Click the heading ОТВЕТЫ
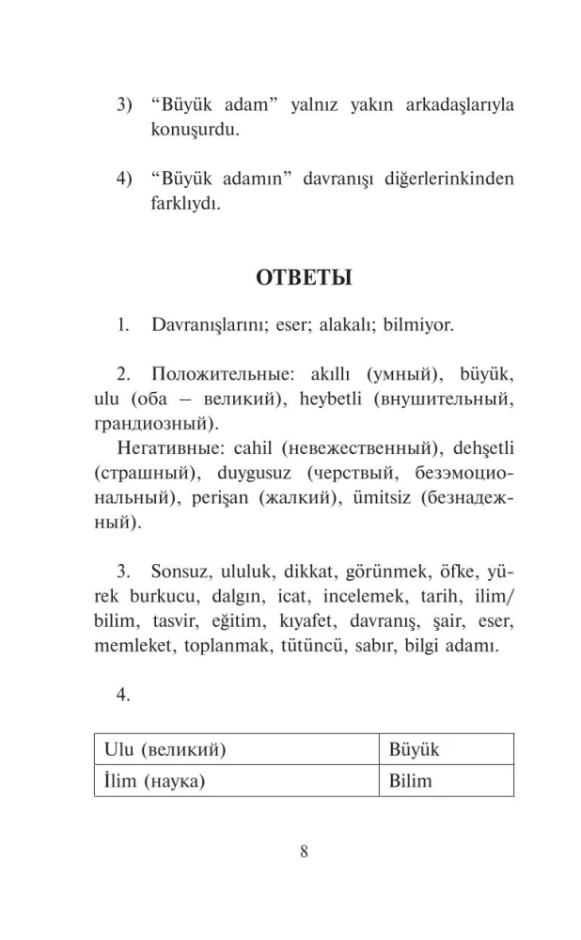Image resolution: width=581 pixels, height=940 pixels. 304,279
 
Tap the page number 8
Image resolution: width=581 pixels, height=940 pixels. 304,852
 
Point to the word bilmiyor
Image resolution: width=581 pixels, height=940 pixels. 420,327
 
